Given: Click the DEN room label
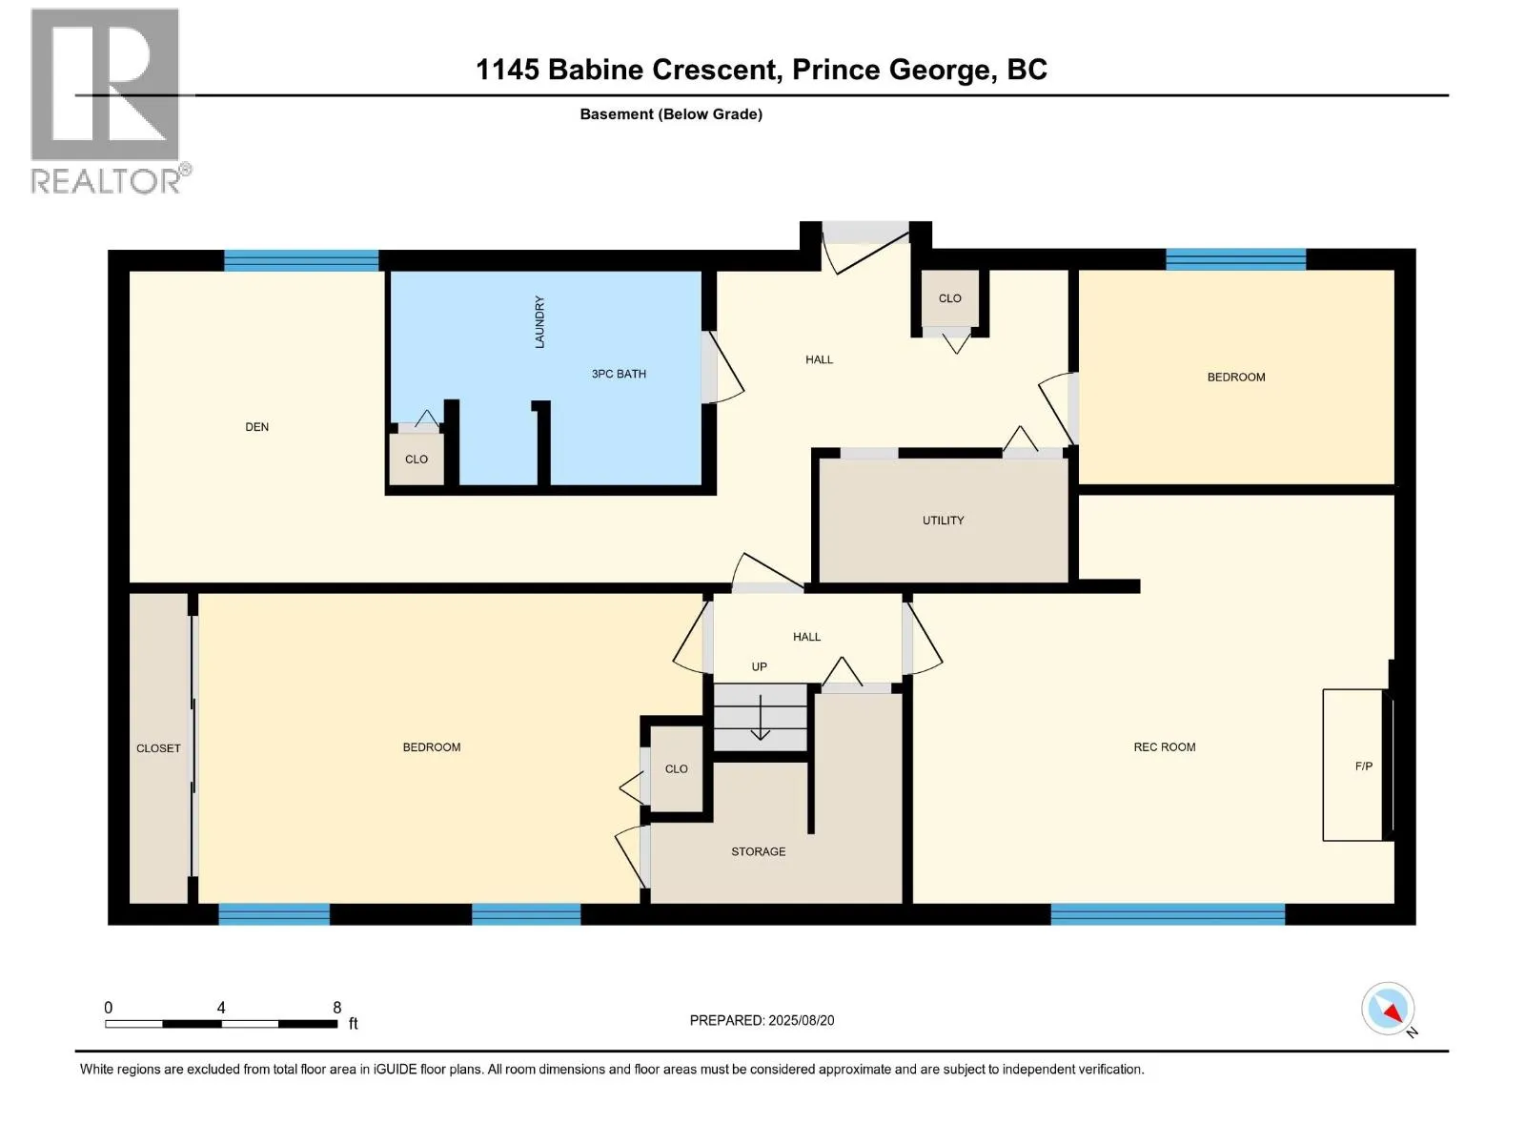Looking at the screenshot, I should [256, 427].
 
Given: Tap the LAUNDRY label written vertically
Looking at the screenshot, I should [539, 322].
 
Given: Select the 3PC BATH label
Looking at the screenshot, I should [619, 374].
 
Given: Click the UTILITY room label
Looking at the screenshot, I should [943, 521].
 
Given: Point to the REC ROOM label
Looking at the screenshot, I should [1164, 747].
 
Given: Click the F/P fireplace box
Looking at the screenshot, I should [1353, 766].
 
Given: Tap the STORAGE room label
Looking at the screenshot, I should [758, 851].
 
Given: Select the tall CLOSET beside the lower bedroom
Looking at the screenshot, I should [158, 748].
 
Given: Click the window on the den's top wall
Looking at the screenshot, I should [301, 260].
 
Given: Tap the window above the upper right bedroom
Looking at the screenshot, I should [1235, 259].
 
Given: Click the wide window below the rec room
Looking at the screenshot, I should [1168, 914].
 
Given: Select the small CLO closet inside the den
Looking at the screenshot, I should [417, 460].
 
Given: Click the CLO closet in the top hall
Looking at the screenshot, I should [949, 299].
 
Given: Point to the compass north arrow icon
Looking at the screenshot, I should [1388, 1009].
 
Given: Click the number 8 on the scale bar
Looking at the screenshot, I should [336, 1008].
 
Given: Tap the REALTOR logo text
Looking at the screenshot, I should [107, 181].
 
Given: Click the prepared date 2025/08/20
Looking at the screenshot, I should [801, 1020].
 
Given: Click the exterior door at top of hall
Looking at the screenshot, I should [865, 234].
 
